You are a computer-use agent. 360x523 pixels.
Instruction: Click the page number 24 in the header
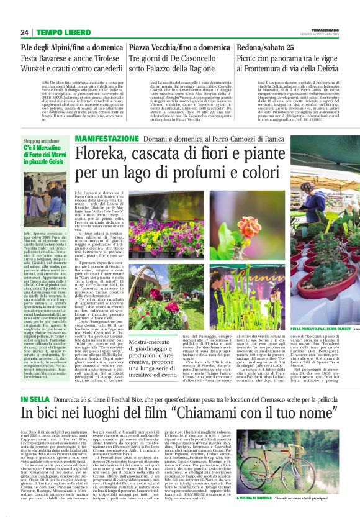24,32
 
